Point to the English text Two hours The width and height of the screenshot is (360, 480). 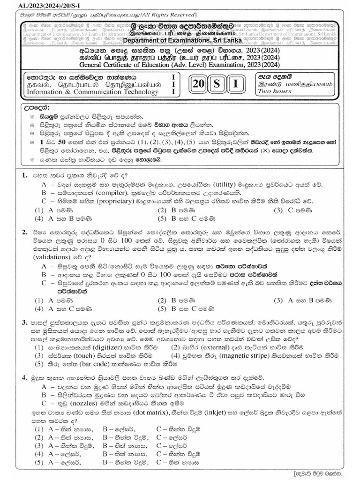point(274,91)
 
